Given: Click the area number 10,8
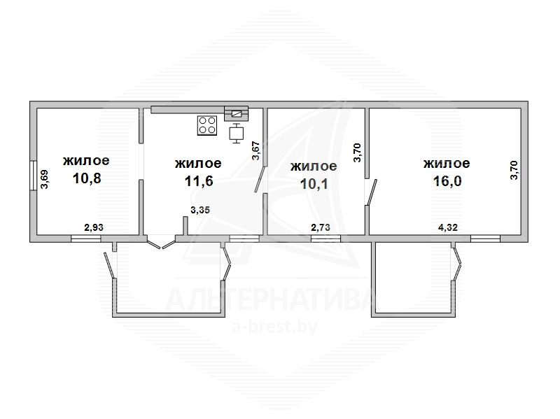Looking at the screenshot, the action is point(87,178).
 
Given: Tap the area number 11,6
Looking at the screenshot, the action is point(199,181).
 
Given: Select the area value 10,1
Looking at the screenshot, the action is point(314,184).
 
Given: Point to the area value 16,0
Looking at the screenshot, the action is point(447,181).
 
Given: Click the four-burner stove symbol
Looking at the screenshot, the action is point(207,126).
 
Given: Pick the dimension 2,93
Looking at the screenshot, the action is point(94,227).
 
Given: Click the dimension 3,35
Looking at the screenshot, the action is point(200,210).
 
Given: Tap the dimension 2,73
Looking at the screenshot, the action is point(321,227).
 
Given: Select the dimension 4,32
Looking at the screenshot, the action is point(448,227).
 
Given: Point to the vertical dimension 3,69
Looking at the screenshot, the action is point(44,179).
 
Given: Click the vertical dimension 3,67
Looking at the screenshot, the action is point(255,151).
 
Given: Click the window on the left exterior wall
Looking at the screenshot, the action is point(33,176).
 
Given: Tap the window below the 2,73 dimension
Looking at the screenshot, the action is point(325,239).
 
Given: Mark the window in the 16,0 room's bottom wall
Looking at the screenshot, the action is point(485,239).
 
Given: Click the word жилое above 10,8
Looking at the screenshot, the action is point(86,161).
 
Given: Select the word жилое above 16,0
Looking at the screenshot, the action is point(447,164).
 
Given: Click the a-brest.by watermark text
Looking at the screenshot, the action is point(274,326).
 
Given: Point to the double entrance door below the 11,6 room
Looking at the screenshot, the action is point(162,242).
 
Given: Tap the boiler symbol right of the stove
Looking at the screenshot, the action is point(236,133).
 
